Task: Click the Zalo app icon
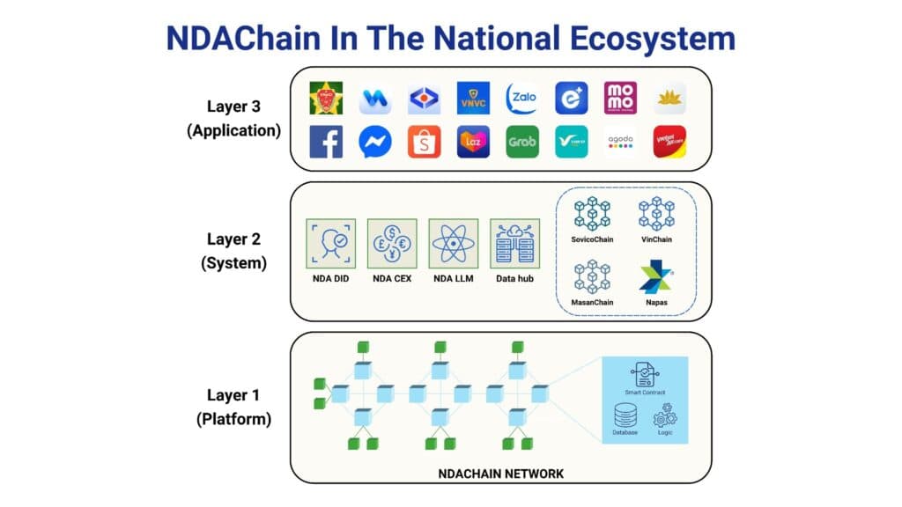pyautogui.click(x=522, y=99)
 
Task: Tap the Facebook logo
pyautogui.click(x=326, y=142)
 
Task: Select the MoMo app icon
pyautogui.click(x=621, y=99)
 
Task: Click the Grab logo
pyautogui.click(x=522, y=142)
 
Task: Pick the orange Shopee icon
pyautogui.click(x=424, y=142)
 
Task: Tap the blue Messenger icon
pyautogui.click(x=375, y=142)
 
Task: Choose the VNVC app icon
pyautogui.click(x=473, y=99)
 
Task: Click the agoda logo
pyautogui.click(x=621, y=142)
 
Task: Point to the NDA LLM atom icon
pyautogui.click(x=452, y=243)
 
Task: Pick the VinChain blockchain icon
pyautogui.click(x=657, y=214)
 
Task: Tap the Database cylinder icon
pyautogui.click(x=625, y=415)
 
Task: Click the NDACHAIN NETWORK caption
pyautogui.click(x=501, y=474)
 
